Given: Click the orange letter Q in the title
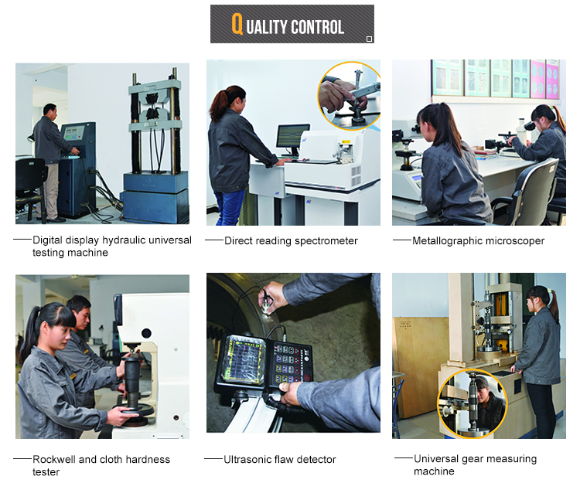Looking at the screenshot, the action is click(x=237, y=24).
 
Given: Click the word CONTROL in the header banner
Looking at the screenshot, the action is click(x=317, y=27).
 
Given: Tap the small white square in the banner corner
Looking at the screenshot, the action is click(x=369, y=39).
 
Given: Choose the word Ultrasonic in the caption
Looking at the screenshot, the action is click(x=247, y=459).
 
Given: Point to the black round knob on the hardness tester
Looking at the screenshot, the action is click(x=146, y=334).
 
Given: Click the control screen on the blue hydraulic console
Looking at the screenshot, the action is click(x=74, y=133).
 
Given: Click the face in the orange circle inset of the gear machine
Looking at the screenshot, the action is click(x=483, y=393).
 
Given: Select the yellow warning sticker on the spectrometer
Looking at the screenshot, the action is click(x=346, y=141).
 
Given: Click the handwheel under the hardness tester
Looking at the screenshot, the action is click(x=135, y=410).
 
